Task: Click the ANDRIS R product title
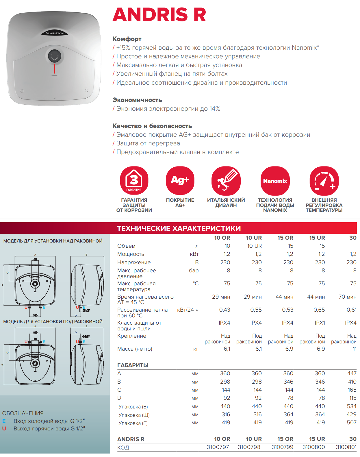coord(159,14)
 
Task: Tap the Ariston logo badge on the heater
coord(55,33)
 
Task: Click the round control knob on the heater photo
coord(55,56)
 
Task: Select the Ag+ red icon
coord(180,180)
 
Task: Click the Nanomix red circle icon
coord(275,181)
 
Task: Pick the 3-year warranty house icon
coord(134,180)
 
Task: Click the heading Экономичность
coord(137,100)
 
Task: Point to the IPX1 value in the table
coord(320,323)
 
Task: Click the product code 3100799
coord(282,447)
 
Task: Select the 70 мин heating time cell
coord(347,297)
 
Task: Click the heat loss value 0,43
coord(224,310)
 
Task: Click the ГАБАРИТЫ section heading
coord(133,365)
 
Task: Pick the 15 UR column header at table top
coord(317,238)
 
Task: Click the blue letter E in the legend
coord(4,421)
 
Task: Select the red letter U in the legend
coord(4,429)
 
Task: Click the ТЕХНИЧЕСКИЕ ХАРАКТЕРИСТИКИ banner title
coord(179,228)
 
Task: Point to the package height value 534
coord(352,406)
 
